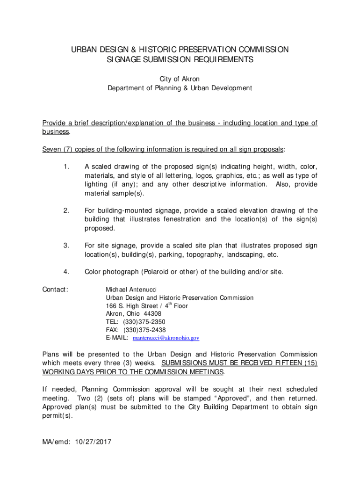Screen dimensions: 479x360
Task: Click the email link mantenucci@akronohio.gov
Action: pyautogui.click(x=166, y=338)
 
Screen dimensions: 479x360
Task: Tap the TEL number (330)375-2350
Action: pyautogui.click(x=144, y=322)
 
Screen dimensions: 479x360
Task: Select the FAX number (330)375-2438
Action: pyautogui.click(x=144, y=330)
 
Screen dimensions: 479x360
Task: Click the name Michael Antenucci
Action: pyautogui.click(x=131, y=290)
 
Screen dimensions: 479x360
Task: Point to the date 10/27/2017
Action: pyautogui.click(x=95, y=441)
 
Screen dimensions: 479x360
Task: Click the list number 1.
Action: pyautogui.click(x=66, y=167)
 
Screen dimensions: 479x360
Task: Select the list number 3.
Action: pyautogui.click(x=66, y=245)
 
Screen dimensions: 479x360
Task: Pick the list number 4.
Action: pyautogui.click(x=66, y=272)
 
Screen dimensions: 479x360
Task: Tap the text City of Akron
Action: pyautogui.click(x=180, y=79)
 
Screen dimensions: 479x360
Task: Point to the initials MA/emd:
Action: pyautogui.click(x=58, y=441)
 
